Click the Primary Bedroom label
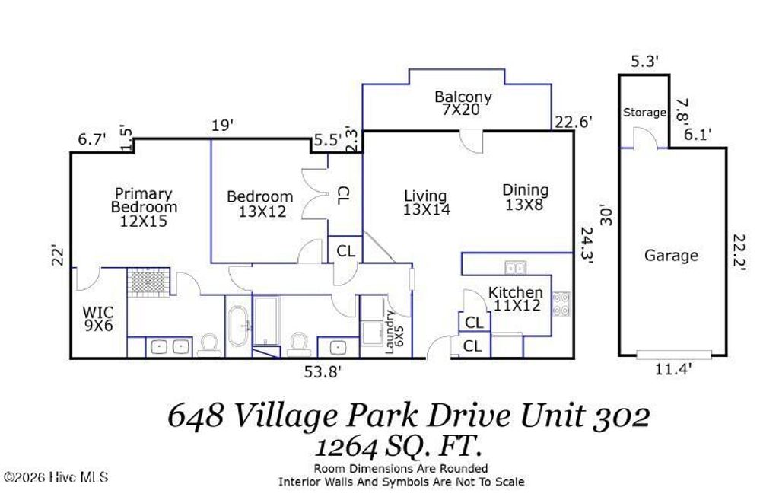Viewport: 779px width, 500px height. point(144,207)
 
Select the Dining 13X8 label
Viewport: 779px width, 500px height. point(525,196)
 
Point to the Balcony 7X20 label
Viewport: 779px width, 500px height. point(463,104)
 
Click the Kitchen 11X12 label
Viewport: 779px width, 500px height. point(515,298)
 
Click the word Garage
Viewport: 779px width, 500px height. point(671,256)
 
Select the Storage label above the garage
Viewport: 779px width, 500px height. point(644,113)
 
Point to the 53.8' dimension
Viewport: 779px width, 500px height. point(323,371)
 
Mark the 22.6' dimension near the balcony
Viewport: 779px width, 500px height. point(573,120)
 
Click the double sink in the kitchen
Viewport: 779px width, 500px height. point(515,266)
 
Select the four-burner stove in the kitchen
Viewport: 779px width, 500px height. point(561,304)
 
